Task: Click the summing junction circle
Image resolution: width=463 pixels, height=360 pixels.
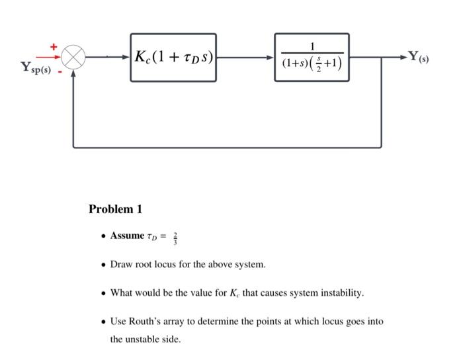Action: point(73,56)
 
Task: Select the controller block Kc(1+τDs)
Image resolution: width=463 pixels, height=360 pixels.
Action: point(173,58)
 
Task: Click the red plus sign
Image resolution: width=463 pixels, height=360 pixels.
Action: point(54,46)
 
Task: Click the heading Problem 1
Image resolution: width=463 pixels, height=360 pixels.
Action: point(115,209)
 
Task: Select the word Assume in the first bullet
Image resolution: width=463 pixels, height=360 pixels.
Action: point(127,236)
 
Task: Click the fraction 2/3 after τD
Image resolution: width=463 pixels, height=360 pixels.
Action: point(175,237)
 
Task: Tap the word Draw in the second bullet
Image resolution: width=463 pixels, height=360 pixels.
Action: point(121,265)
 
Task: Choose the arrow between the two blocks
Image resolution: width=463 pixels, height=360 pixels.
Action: point(245,58)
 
